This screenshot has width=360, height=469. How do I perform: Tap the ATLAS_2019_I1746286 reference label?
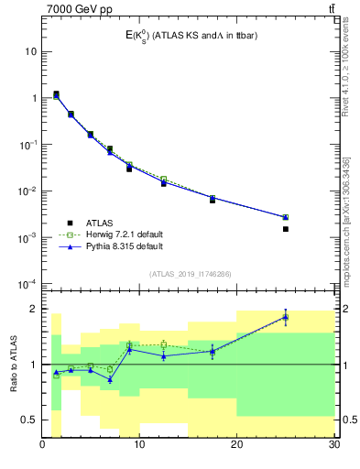(191, 274)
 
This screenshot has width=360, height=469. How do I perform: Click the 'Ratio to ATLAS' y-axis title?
(12, 365)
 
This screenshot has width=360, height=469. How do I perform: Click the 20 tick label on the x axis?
(236, 445)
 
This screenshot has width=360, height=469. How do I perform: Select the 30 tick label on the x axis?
(333, 445)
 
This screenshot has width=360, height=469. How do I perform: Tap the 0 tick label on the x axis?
(43, 445)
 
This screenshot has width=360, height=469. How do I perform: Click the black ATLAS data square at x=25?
(285, 229)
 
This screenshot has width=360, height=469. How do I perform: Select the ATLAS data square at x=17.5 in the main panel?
(213, 200)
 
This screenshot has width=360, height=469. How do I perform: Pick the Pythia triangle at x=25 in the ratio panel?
(285, 317)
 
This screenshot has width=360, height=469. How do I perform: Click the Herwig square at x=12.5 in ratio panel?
(164, 344)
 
